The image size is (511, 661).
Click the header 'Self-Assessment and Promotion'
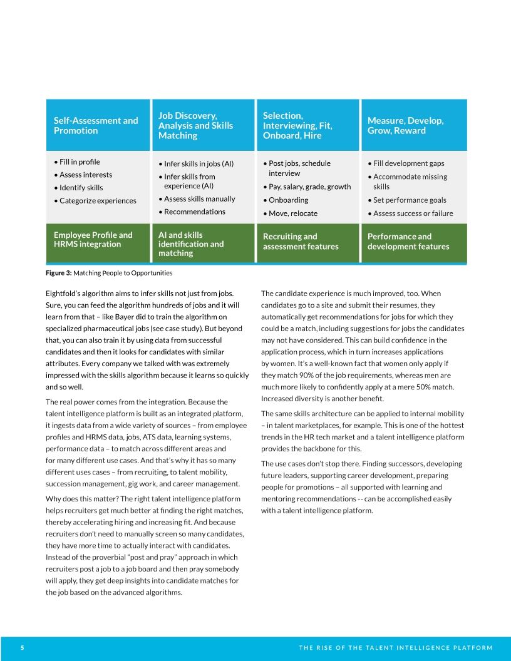tap(96, 125)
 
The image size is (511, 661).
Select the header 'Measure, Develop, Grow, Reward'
tap(405, 125)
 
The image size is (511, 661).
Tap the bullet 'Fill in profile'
tap(80, 161)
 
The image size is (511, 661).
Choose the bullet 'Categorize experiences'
tap(97, 200)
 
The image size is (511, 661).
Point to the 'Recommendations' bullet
tap(194, 212)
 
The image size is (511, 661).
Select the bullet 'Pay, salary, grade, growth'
tap(309, 187)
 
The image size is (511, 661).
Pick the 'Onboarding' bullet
tap(288, 200)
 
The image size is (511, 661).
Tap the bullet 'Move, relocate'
tap(292, 213)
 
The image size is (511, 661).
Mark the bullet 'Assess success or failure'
tap(413, 213)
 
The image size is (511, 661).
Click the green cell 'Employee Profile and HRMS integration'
tap(93, 239)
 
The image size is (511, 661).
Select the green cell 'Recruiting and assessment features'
tap(301, 242)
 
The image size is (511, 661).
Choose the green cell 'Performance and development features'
tap(408, 242)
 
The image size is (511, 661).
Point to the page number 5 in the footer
tap(22, 648)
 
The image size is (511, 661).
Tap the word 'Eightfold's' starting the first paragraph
tap(64, 292)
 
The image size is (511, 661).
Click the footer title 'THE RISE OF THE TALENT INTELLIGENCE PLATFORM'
tap(396, 648)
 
